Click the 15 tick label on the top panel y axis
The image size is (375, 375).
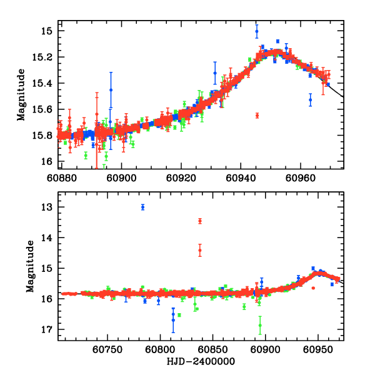(46, 31)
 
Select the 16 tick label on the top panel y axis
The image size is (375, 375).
(46, 162)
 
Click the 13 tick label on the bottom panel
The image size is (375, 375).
(46, 207)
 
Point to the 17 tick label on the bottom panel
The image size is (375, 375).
(46, 329)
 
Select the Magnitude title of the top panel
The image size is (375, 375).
(21, 96)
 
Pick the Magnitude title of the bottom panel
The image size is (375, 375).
(30, 269)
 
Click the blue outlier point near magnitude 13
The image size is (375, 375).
(143, 207)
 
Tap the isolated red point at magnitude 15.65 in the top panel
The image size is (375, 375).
(257, 116)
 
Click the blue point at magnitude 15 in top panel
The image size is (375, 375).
(257, 31)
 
